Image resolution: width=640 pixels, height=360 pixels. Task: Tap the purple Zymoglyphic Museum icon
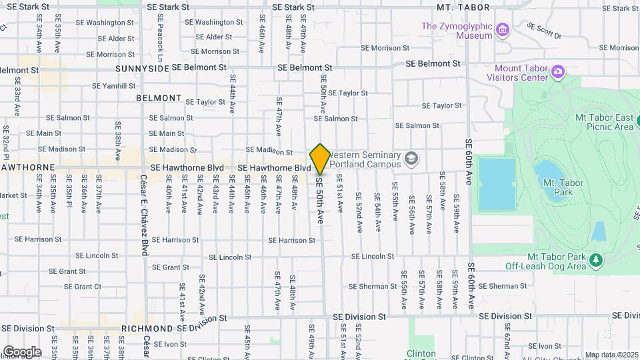pyautogui.click(x=503, y=31)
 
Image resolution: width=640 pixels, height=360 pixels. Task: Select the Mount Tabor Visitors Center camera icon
pyautogui.click(x=559, y=71)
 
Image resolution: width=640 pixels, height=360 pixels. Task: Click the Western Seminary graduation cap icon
pyautogui.click(x=411, y=159)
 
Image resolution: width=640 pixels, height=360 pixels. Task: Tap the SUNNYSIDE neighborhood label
pyautogui.click(x=142, y=68)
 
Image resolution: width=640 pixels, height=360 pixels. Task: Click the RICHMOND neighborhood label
pyautogui.click(x=147, y=329)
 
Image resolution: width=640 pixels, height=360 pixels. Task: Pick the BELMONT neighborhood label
pyautogui.click(x=159, y=98)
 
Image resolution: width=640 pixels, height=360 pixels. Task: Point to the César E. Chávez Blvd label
pyautogui.click(x=143, y=215)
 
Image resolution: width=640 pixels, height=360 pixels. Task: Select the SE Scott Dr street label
pyautogui.click(x=544, y=31)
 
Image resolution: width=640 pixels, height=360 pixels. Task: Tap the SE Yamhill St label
pyautogui.click(x=113, y=86)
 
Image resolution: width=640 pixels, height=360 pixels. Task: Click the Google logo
pyautogui.click(x=22, y=351)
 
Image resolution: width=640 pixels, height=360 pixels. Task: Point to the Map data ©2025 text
pyautogui.click(x=611, y=355)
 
